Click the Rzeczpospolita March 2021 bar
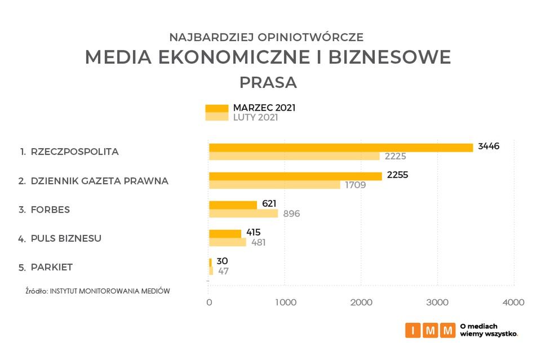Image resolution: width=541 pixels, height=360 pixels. pyautogui.click(x=340, y=148)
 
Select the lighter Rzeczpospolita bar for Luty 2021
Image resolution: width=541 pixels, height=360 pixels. pyautogui.click(x=294, y=156)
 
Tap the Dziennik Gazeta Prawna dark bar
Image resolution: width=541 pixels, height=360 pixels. pyautogui.click(x=295, y=176)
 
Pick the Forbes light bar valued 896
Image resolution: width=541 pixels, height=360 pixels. pyautogui.click(x=243, y=214)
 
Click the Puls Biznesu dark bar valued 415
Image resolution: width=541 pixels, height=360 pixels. pyautogui.click(x=225, y=233)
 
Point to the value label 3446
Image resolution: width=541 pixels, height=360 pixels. pyautogui.click(x=489, y=146)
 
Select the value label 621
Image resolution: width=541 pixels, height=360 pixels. pyautogui.click(x=269, y=204)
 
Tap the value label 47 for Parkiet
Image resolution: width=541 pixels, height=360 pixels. pyautogui.click(x=223, y=271)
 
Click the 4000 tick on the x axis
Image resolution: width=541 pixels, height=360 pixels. pyautogui.click(x=513, y=303)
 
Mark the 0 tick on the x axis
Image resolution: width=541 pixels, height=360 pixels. pyautogui.click(x=209, y=303)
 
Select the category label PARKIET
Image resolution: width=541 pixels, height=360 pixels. pyautogui.click(x=51, y=267)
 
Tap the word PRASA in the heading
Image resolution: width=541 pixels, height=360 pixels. pyautogui.click(x=268, y=82)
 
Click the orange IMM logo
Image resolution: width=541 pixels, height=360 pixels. pyautogui.click(x=430, y=330)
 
